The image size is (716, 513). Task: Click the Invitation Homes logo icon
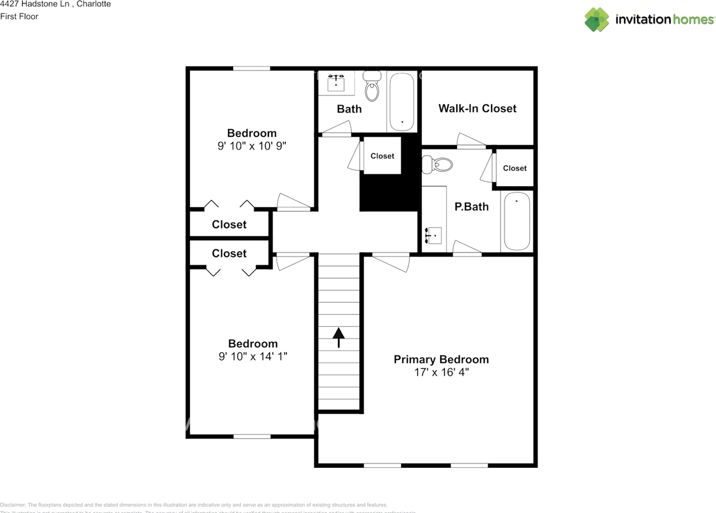click(597, 20)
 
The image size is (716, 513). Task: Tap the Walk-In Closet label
click(477, 108)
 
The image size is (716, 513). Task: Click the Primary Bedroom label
click(441, 359)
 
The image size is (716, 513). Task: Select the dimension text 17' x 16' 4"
click(441, 372)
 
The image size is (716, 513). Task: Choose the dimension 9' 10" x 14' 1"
click(252, 356)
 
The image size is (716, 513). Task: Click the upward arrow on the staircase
click(338, 337)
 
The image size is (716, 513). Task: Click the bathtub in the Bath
click(402, 101)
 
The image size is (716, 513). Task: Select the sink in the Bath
click(336, 83)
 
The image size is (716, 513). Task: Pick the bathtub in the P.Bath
click(516, 221)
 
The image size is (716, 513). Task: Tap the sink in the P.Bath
click(434, 236)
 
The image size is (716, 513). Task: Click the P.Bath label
click(471, 207)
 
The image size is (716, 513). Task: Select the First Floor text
click(20, 17)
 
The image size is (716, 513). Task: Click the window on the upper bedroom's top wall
click(252, 69)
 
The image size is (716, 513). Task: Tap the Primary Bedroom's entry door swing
click(392, 262)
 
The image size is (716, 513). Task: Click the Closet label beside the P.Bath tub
click(515, 168)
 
